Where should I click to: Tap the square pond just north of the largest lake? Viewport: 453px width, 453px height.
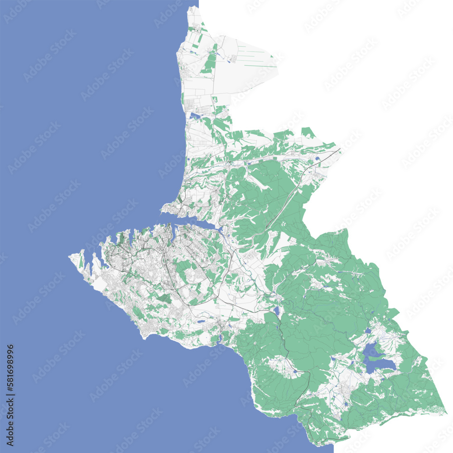click(367, 331)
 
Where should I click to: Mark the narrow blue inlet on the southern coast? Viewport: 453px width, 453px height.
click(219, 337)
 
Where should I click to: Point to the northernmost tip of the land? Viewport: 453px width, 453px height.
click(194, 6)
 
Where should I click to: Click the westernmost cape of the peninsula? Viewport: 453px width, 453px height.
click(70, 257)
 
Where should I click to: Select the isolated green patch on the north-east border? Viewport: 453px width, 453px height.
click(308, 132)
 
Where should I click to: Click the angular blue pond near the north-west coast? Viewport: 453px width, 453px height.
click(195, 116)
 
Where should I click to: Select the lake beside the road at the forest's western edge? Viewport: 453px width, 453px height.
click(276, 311)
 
